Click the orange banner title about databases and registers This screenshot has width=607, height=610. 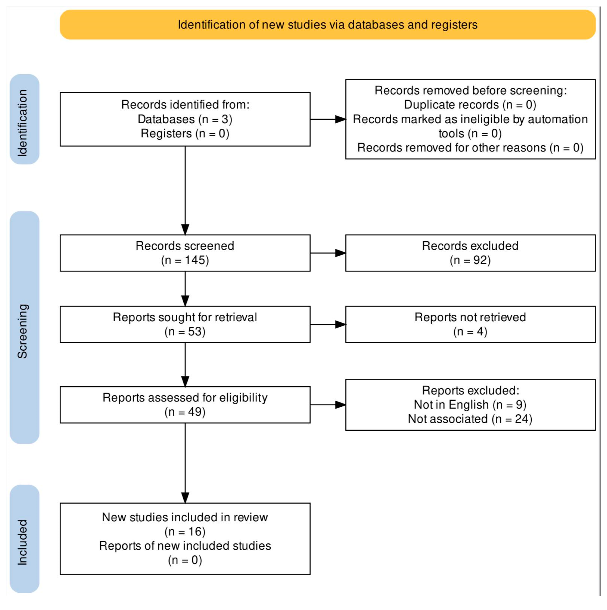327,25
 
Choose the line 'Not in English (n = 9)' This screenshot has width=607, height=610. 470,404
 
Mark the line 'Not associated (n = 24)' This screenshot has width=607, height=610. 470,419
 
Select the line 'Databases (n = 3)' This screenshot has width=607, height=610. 185,119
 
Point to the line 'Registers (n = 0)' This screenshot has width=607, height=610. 185,133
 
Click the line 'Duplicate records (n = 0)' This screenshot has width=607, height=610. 470,105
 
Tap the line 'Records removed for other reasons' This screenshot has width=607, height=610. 470,148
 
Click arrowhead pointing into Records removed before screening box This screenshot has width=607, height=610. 340,119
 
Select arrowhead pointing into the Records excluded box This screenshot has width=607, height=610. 340,253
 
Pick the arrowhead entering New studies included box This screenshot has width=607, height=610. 185,498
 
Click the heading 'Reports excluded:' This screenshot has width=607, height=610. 470,390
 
